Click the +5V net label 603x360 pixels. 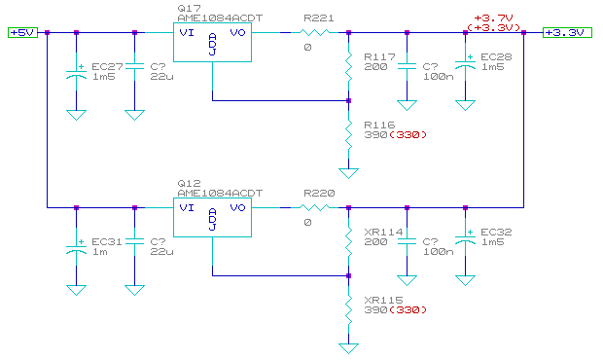point(21,32)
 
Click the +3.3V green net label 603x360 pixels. point(565,32)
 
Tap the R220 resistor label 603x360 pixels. point(319,193)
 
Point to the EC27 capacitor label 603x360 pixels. point(106,67)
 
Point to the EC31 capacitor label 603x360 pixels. point(106,242)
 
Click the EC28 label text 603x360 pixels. point(496,57)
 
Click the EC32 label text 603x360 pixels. point(496,233)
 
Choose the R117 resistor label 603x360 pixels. point(378,57)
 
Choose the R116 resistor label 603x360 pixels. point(378,126)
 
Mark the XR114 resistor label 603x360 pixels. point(381,233)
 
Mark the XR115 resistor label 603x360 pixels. point(381,301)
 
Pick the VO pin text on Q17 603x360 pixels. point(237,32)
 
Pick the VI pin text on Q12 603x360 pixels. point(186,207)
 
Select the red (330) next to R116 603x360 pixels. point(409,135)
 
